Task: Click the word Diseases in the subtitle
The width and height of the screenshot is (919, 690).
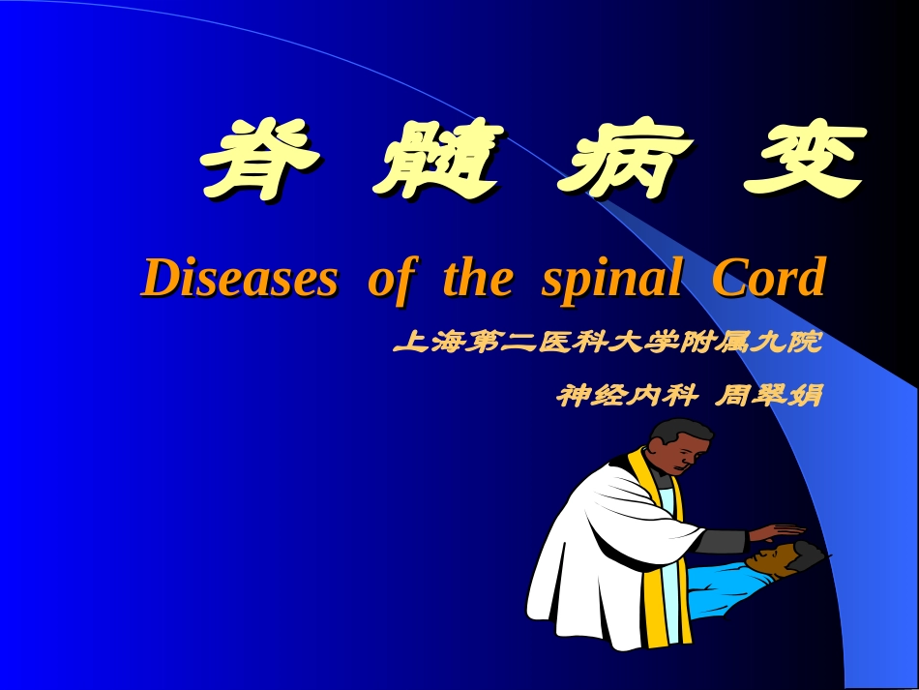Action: click(x=240, y=279)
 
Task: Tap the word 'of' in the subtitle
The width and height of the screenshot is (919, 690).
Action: click(x=390, y=279)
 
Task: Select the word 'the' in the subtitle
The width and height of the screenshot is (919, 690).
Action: click(x=477, y=279)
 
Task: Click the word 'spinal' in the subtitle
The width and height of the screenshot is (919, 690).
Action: click(x=611, y=279)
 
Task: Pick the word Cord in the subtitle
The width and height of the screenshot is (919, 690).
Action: click(x=768, y=279)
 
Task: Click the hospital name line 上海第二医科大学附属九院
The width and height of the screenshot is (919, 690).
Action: click(x=608, y=343)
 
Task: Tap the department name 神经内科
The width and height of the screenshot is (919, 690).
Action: click(x=620, y=396)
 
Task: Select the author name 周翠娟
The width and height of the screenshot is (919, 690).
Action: click(x=767, y=396)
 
